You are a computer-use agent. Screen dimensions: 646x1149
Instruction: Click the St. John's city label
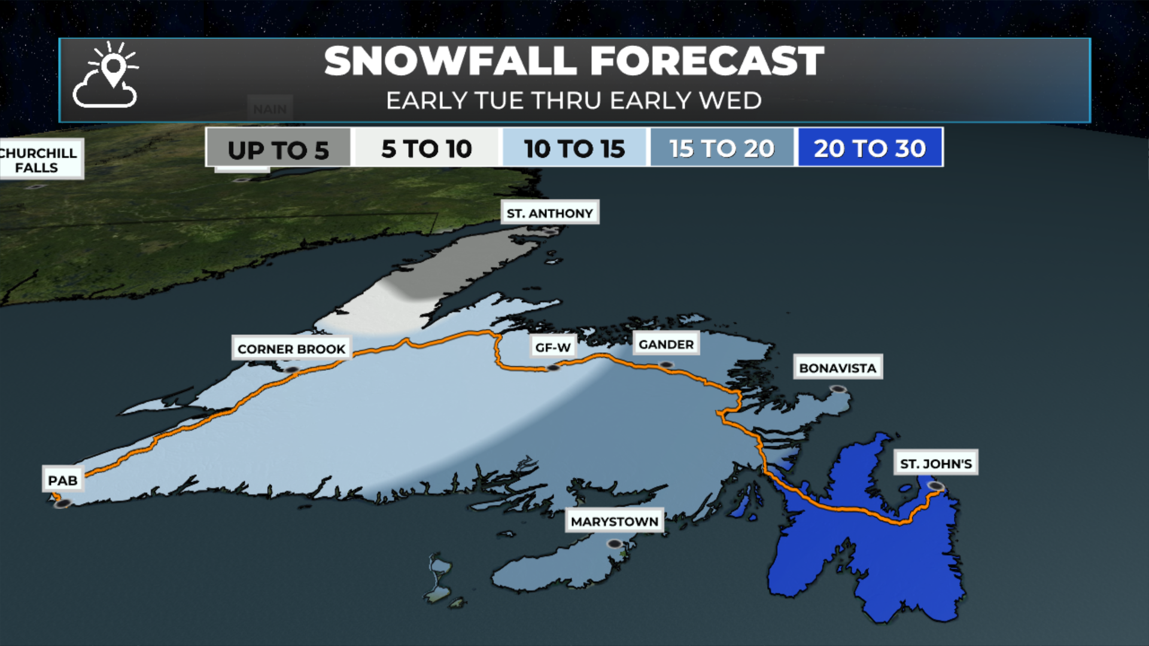point(936,463)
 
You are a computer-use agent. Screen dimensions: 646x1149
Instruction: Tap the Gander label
point(666,344)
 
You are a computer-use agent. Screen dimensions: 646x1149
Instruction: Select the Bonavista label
point(838,368)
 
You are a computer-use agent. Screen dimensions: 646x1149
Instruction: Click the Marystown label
point(615,521)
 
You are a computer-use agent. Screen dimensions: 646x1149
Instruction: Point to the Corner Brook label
point(291,349)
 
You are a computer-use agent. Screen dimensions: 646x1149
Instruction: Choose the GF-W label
point(552,347)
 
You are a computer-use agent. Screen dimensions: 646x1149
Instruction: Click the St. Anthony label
point(549,213)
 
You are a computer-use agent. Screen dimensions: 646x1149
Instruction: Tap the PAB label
point(63,480)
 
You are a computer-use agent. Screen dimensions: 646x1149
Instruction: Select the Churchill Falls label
point(39,160)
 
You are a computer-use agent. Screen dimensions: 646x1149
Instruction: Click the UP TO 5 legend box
point(278,148)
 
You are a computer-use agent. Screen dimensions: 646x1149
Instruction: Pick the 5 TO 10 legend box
point(427,148)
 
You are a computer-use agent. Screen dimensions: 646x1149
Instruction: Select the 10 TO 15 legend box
point(574,148)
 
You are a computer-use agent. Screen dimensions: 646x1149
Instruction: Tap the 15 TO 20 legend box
point(722,148)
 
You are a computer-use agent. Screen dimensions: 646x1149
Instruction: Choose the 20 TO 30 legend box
point(870,148)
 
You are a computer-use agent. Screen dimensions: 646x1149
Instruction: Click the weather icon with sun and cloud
point(107,76)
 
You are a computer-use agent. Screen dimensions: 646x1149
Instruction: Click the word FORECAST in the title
point(707,61)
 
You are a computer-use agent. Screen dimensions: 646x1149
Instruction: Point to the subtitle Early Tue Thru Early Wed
point(574,100)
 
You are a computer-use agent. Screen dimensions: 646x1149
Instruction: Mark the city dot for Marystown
point(615,544)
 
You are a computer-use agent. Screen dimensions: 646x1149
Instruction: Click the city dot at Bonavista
point(838,389)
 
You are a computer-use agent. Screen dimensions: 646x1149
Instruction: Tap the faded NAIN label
point(270,108)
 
